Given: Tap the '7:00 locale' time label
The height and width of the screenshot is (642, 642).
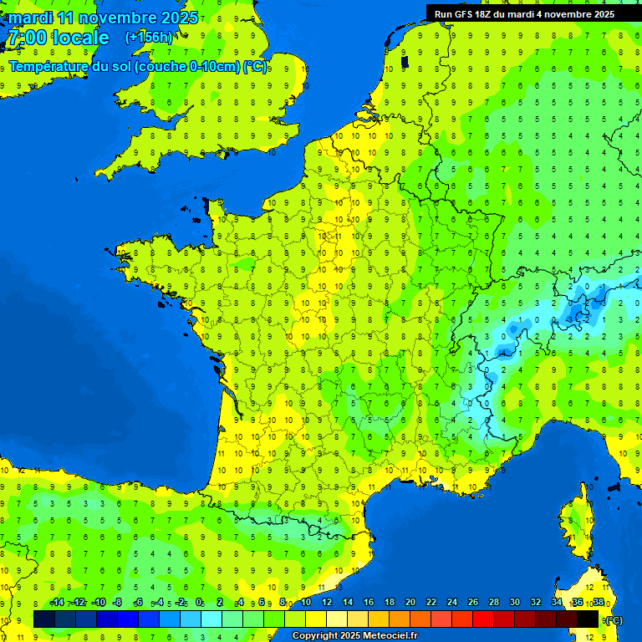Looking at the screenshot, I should point(57,38).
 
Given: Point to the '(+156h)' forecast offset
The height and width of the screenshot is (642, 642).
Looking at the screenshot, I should point(149,38).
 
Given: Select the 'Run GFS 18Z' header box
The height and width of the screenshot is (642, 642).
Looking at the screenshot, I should point(524,14).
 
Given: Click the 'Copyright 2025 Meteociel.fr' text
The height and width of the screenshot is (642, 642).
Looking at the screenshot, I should point(354,636).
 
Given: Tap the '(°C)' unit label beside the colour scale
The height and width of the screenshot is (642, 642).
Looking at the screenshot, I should point(613,619).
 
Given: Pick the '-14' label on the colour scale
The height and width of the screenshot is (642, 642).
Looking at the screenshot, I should point(57,602).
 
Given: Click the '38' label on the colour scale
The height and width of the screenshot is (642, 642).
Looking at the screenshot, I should point(599,602).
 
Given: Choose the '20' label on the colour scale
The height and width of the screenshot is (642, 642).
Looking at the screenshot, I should point(410,602).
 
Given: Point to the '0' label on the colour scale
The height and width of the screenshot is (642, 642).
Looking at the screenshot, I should point(199,602).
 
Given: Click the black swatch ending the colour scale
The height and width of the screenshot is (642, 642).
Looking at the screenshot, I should point(588,619).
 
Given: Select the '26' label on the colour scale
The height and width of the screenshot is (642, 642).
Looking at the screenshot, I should point(473,602).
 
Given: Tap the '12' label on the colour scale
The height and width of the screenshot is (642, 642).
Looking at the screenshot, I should point(326,602).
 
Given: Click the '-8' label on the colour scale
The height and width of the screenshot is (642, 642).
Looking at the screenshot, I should point(118,602).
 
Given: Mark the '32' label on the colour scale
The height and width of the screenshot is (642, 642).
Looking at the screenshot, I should point(536,602).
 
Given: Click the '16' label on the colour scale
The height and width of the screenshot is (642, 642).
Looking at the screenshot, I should point(368,602).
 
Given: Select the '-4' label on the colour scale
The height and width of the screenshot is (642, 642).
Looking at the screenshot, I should point(158,602).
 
